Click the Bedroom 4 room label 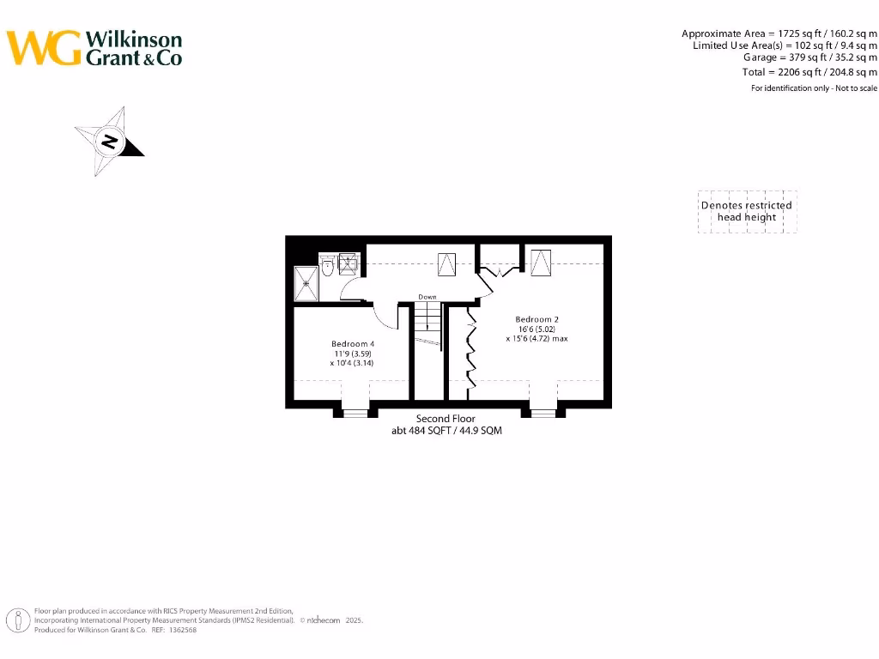(353, 343)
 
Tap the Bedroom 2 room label (536, 319)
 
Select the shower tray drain (305, 283)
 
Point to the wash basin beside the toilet (348, 263)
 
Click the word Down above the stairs (427, 297)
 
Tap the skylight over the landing (447, 263)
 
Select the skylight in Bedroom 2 (540, 262)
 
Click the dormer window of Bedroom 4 (355, 413)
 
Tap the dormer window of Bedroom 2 (543, 413)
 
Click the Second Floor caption (446, 419)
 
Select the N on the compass (109, 142)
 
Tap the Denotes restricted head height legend (747, 211)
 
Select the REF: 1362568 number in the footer (179, 630)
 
